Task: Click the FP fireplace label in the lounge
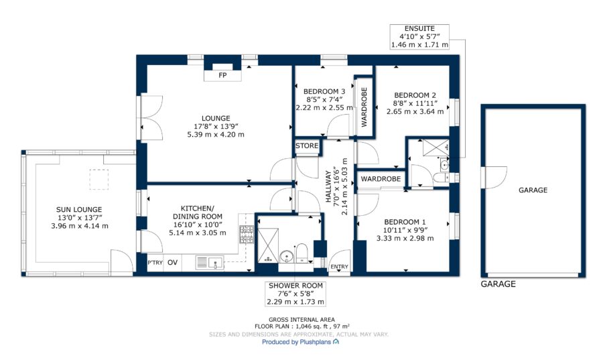coord(222,75)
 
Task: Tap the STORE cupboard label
coord(307,145)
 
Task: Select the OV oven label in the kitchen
coord(173,262)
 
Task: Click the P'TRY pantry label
coord(155,263)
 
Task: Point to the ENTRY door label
coord(339,267)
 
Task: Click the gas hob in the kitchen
coord(247,234)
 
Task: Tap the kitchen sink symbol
coord(210,263)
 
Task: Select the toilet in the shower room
coord(302,253)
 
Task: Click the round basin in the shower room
coord(286,257)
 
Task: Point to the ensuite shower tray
coord(436,148)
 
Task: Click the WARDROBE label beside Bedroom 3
coord(364,107)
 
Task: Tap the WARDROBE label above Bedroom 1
coord(381,179)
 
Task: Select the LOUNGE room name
coord(216,119)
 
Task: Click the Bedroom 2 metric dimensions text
coord(415,111)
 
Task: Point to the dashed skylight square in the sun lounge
coord(99,180)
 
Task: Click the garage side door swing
coord(496,177)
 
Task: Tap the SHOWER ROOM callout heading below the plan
coord(295,286)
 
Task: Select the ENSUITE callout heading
coord(419,28)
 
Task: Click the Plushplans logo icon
coord(336,341)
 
